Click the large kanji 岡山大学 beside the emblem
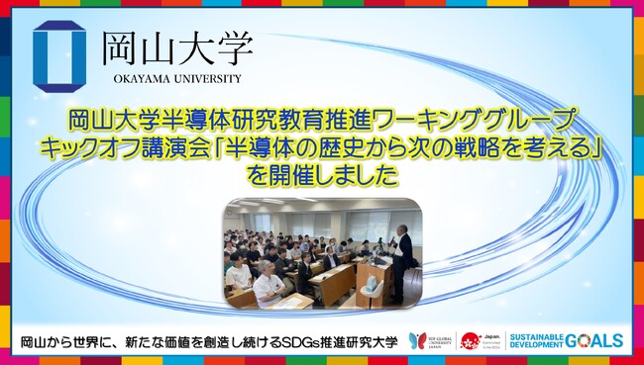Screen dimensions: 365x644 tap(177, 46)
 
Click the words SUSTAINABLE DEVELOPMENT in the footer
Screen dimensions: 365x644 tap(536, 342)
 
